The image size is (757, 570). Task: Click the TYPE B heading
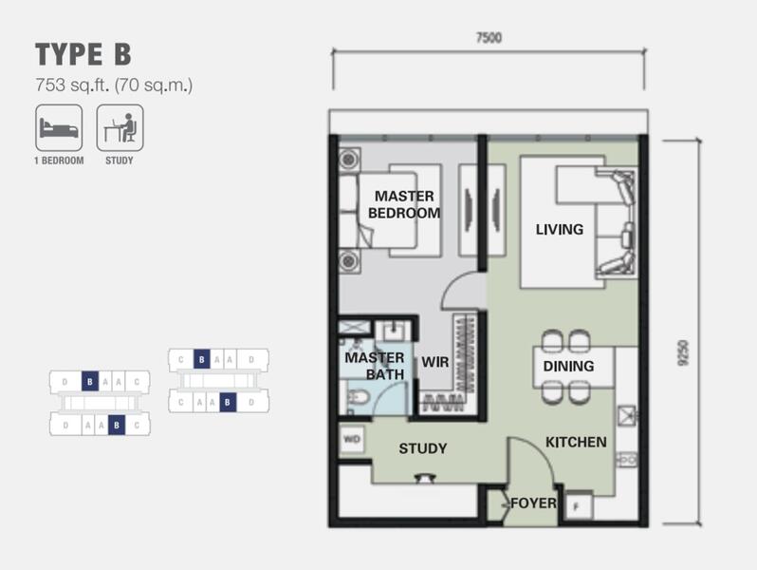pyautogui.click(x=83, y=54)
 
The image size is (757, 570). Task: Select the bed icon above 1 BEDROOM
pyautogui.click(x=59, y=128)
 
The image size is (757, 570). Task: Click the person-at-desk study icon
pyautogui.click(x=120, y=128)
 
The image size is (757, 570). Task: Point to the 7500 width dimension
pyautogui.click(x=489, y=38)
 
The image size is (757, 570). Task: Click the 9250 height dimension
pyautogui.click(x=684, y=353)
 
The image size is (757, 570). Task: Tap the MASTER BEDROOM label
pyautogui.click(x=404, y=204)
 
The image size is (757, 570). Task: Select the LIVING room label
pyautogui.click(x=560, y=229)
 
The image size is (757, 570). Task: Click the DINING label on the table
pyautogui.click(x=569, y=366)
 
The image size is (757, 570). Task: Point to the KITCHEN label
pyautogui.click(x=576, y=442)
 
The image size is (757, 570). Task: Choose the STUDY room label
pyautogui.click(x=423, y=448)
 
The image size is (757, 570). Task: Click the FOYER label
pyautogui.click(x=533, y=503)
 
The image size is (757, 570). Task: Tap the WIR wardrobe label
pyautogui.click(x=435, y=362)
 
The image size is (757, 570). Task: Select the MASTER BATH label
pyautogui.click(x=375, y=366)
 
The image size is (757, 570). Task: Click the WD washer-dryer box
pyautogui.click(x=351, y=440)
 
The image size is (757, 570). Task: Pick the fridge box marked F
pyautogui.click(x=579, y=505)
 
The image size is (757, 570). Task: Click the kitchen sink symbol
pyautogui.click(x=627, y=415)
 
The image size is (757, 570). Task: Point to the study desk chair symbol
pyautogui.click(x=425, y=478)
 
